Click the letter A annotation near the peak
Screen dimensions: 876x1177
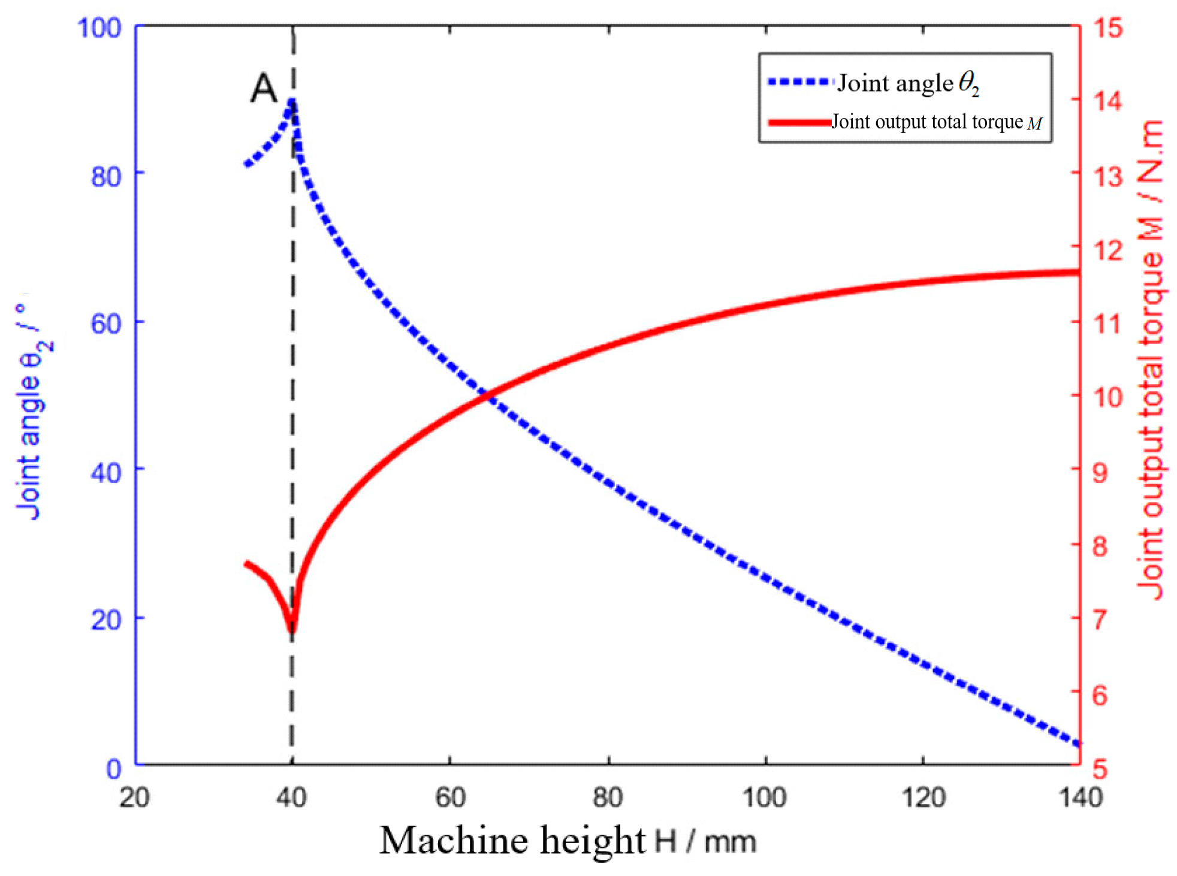(x=264, y=89)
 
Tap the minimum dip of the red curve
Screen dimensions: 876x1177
(x=292, y=628)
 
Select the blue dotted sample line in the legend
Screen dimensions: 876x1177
(x=799, y=82)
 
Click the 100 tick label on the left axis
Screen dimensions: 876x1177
(x=99, y=28)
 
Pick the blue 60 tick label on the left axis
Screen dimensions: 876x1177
(x=105, y=324)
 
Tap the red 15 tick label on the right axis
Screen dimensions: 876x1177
(x=1108, y=28)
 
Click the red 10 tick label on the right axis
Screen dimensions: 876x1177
(x=1107, y=397)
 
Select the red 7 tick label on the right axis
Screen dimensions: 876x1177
(x=1100, y=619)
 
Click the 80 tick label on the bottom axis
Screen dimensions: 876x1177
(x=608, y=798)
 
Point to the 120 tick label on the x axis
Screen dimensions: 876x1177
(x=924, y=798)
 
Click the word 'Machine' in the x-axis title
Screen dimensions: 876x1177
(x=455, y=840)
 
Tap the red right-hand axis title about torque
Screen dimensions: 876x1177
(x=1150, y=360)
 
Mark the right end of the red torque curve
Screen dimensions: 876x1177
(x=1077, y=273)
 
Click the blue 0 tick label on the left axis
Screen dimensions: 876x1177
(x=114, y=769)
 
